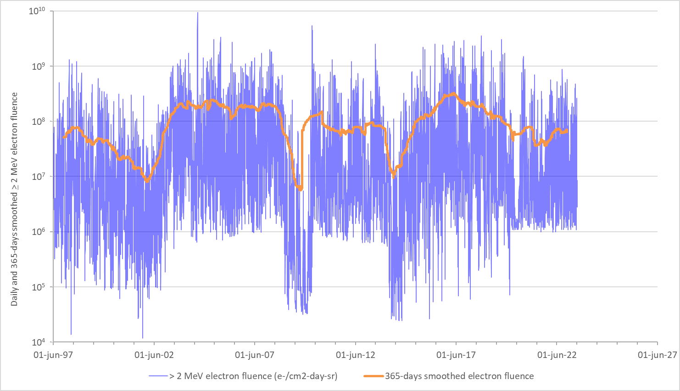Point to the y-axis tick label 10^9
point(39,66)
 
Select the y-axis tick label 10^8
point(39,121)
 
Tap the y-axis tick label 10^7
point(39,176)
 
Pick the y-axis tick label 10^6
point(39,232)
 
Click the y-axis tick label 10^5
point(39,287)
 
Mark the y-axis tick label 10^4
point(39,342)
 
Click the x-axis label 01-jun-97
point(53,355)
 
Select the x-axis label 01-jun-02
point(154,355)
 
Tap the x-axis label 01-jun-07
point(255,355)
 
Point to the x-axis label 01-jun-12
point(356,355)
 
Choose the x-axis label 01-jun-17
point(456,355)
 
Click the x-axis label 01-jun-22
point(557,355)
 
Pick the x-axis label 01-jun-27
point(658,355)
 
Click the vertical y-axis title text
point(14,199)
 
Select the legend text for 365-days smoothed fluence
point(459,376)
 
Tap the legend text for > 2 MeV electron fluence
point(253,376)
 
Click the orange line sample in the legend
point(373,376)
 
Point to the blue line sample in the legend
point(158,376)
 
